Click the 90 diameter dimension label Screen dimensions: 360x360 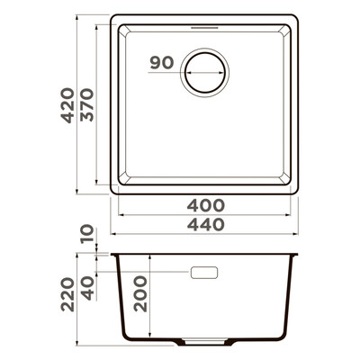point(162,62)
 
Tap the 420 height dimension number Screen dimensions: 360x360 point(67,105)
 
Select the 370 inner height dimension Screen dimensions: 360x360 point(87,104)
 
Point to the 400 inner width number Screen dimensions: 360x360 point(205,205)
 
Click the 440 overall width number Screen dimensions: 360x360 point(206,224)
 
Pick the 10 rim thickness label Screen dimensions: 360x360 point(87,235)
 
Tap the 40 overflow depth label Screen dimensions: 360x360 point(87,289)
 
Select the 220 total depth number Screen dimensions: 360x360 point(67,294)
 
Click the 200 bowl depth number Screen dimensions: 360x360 point(141,294)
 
